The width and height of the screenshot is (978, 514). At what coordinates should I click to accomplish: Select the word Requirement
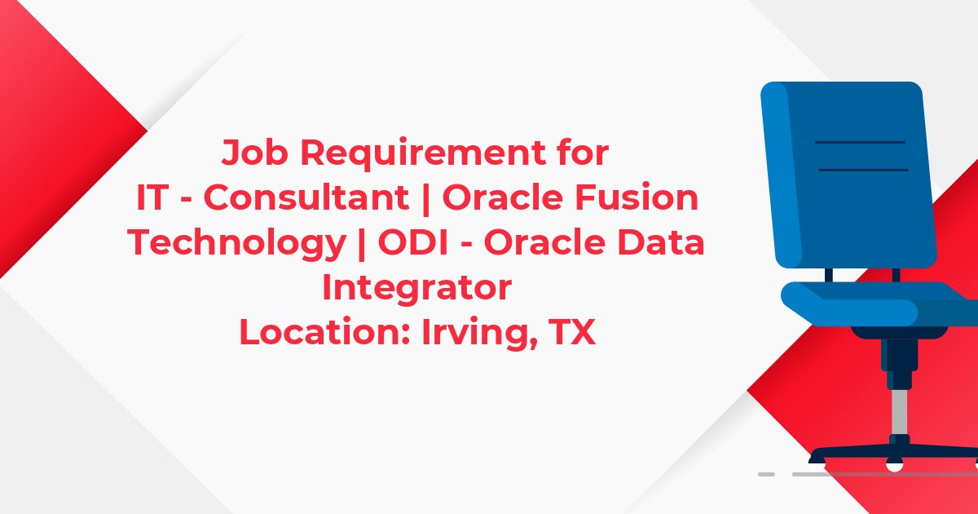[x=424, y=153]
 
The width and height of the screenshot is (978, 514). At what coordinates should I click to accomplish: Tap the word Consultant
[x=306, y=197]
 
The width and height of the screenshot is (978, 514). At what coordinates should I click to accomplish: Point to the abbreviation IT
[x=153, y=197]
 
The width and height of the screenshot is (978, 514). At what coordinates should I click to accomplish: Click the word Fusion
[x=637, y=197]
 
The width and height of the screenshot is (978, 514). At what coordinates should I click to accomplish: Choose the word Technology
[x=237, y=244]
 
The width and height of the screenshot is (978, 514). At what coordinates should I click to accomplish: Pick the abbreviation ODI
[x=413, y=242]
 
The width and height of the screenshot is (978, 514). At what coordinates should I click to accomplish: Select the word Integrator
[x=417, y=289]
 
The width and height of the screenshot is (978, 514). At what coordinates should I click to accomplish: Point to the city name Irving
[x=479, y=333]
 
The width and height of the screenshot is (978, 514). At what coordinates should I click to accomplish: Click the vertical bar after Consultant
[x=426, y=199]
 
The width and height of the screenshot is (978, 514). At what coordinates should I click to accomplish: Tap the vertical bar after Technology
[x=362, y=244]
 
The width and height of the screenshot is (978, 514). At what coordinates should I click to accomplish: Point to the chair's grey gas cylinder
[x=900, y=412]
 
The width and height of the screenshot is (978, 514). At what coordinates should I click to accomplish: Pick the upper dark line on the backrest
[x=860, y=142]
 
